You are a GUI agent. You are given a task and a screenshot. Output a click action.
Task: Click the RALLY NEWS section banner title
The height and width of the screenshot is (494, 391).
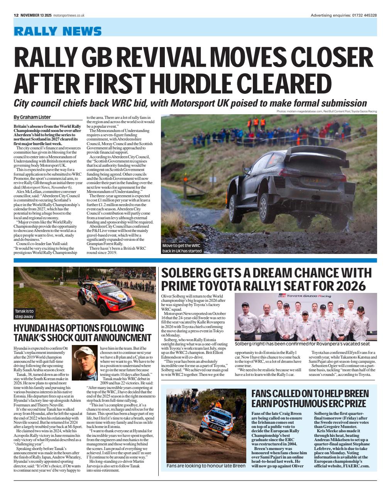[x=58, y=31]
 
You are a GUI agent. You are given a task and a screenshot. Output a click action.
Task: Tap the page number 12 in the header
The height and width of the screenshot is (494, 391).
[x=16, y=15]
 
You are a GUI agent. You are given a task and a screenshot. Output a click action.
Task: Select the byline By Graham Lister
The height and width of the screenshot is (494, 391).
[x=32, y=117]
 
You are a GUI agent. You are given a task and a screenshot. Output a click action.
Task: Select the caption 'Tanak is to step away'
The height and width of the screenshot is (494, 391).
[x=25, y=313]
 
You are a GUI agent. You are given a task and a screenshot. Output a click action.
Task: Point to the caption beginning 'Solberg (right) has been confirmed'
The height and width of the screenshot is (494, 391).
[x=302, y=344]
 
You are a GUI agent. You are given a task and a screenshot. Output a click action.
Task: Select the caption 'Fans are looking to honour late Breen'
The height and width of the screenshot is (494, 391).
[x=206, y=466]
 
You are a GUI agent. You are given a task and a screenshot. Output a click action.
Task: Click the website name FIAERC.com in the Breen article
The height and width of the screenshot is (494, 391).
[x=354, y=466]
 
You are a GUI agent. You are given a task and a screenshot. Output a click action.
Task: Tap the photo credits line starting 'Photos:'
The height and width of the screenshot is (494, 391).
[x=327, y=112]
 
